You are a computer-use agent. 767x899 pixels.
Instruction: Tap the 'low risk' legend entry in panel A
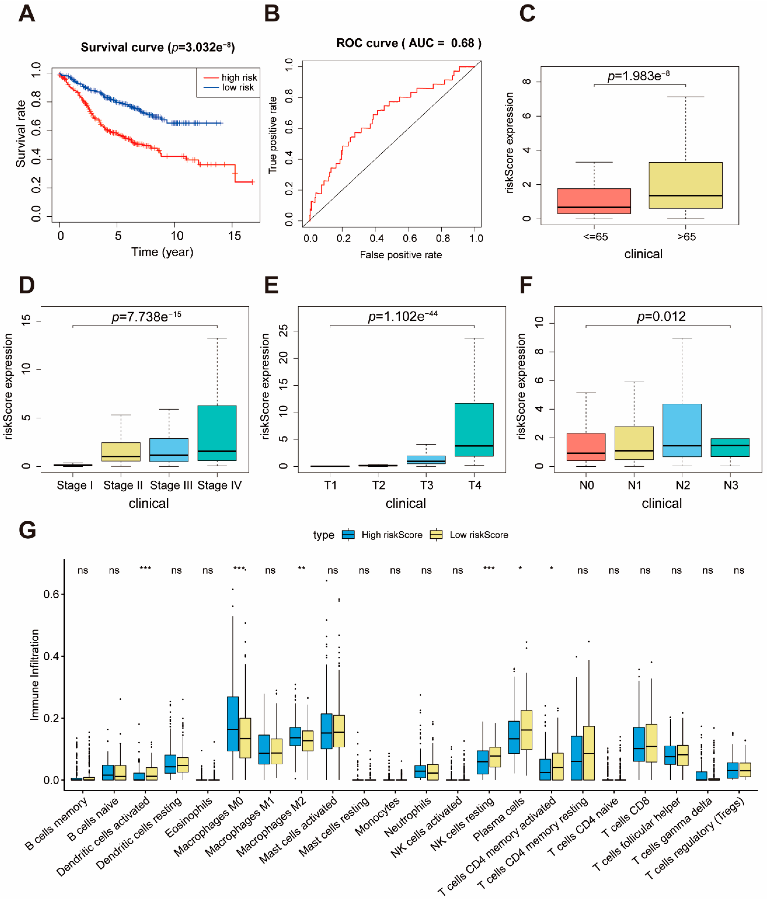(229, 87)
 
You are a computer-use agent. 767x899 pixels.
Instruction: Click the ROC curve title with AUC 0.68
(409, 43)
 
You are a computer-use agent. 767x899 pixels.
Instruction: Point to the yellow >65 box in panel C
(685, 185)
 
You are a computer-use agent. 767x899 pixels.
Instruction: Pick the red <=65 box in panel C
(594, 201)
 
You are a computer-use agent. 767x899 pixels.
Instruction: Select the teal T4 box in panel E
(474, 430)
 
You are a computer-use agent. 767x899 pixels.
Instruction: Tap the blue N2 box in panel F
(682, 430)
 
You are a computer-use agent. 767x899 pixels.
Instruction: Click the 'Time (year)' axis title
(162, 252)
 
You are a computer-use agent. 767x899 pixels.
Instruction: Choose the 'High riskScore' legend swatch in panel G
(348, 535)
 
